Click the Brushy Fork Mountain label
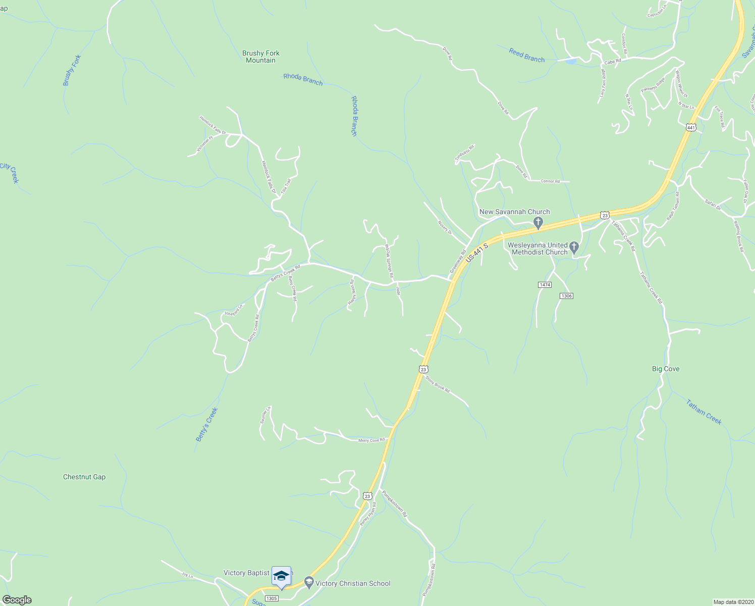pyautogui.click(x=260, y=57)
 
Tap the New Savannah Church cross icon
pyautogui.click(x=538, y=222)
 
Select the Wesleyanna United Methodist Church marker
pyautogui.click(x=574, y=248)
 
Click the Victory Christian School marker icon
pyautogui.click(x=309, y=583)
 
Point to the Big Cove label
pyautogui.click(x=666, y=369)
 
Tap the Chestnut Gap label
pyautogui.click(x=84, y=477)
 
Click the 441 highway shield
pyautogui.click(x=691, y=127)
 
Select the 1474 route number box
pyautogui.click(x=545, y=285)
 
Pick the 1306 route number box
pyautogui.click(x=566, y=295)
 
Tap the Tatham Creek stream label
pyautogui.click(x=704, y=412)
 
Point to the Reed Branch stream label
pyautogui.click(x=526, y=55)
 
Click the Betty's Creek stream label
pyautogui.click(x=206, y=425)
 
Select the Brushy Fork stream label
pyautogui.click(x=72, y=70)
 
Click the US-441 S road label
pyautogui.click(x=477, y=251)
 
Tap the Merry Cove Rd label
pyautogui.click(x=371, y=440)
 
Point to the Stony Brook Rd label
pyautogui.click(x=437, y=384)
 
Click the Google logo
pyautogui.click(x=17, y=600)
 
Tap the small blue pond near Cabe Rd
pyautogui.click(x=571, y=62)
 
